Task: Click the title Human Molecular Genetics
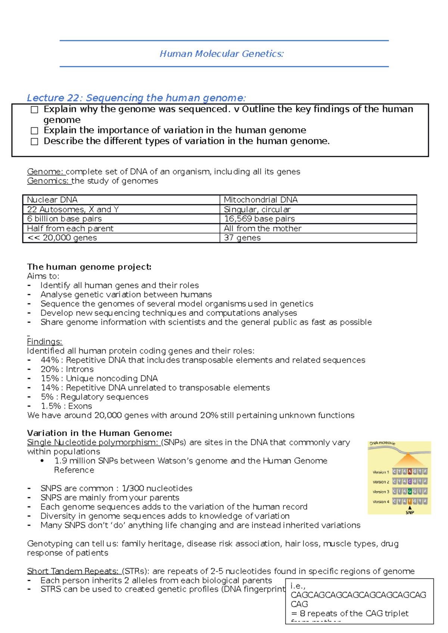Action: (x=222, y=54)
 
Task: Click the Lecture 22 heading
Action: (x=136, y=98)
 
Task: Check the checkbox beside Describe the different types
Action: (x=34, y=142)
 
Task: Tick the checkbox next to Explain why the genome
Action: (x=34, y=110)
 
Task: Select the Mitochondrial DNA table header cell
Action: (x=261, y=200)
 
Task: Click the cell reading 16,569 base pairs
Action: (x=259, y=219)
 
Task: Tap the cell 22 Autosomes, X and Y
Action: (x=73, y=210)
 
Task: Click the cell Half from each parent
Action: (x=70, y=229)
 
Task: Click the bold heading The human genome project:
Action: (x=89, y=267)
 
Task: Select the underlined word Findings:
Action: (x=44, y=342)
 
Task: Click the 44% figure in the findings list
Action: (x=50, y=360)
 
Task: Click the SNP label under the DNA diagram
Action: (x=410, y=513)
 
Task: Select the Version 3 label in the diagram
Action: (x=380, y=492)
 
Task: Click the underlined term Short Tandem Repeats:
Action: (x=72, y=571)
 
